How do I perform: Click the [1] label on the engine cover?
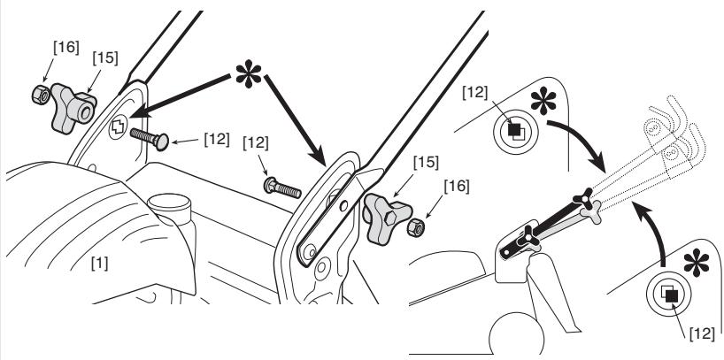pyautogui.click(x=100, y=264)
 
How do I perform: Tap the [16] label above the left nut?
pyautogui.click(x=66, y=47)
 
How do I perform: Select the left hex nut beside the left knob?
pyautogui.click(x=40, y=94)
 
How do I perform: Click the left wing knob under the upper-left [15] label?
pyautogui.click(x=72, y=108)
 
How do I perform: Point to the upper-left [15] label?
pyautogui.click(x=104, y=57)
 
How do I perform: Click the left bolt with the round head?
pyautogui.click(x=150, y=140)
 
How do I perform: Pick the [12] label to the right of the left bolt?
pyautogui.click(x=217, y=140)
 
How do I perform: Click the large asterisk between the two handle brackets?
pyautogui.click(x=249, y=73)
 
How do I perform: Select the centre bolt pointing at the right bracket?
pyautogui.click(x=282, y=188)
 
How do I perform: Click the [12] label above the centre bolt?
pyautogui.click(x=255, y=143)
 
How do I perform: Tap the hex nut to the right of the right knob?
pyautogui.click(x=416, y=227)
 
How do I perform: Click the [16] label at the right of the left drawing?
pyautogui.click(x=456, y=187)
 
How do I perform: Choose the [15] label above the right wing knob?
pyautogui.click(x=426, y=163)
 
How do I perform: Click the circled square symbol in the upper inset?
pyautogui.click(x=516, y=132)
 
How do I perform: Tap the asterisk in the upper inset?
pyautogui.click(x=543, y=101)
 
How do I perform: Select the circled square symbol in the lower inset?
pyautogui.click(x=668, y=293)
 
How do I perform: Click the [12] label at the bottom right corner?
pyautogui.click(x=701, y=333)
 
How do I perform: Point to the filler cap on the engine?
pyautogui.click(x=169, y=206)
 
